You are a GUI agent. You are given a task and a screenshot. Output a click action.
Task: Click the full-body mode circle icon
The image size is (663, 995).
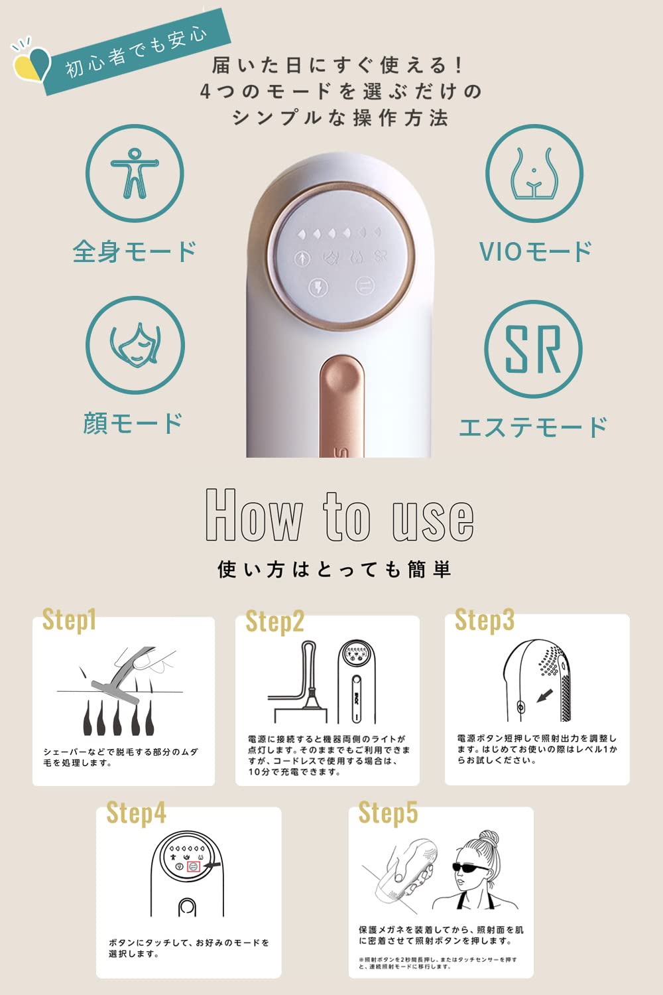[x=135, y=173]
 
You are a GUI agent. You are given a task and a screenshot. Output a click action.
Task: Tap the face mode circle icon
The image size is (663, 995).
[x=135, y=346]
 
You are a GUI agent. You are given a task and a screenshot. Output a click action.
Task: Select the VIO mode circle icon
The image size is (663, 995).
[x=534, y=173]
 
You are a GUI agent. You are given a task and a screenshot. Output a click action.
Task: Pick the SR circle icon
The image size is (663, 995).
[x=533, y=349]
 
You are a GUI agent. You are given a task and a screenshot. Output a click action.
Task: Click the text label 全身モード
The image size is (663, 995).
[x=135, y=251]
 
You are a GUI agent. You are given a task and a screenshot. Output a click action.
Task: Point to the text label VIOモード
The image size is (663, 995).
[x=534, y=251]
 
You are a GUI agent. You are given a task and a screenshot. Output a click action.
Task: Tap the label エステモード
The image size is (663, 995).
[x=533, y=427]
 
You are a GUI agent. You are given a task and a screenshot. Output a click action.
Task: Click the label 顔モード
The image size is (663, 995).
[x=133, y=423]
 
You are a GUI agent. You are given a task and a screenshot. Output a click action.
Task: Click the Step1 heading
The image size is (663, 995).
[x=69, y=620]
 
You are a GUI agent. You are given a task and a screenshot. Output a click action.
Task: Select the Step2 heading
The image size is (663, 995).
[x=274, y=622]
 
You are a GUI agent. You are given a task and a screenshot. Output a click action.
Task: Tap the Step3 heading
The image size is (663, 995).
[x=484, y=620]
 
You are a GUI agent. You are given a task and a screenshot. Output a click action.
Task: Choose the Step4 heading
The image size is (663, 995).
[x=136, y=813]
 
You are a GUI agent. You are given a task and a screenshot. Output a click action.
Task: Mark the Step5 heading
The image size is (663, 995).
[x=388, y=813]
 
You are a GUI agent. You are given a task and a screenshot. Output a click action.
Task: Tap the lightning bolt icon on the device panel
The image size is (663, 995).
[x=320, y=287]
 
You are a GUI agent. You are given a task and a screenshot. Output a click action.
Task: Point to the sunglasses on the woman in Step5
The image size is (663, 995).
[x=472, y=866]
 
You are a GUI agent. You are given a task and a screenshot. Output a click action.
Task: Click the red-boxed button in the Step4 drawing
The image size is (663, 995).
[x=194, y=866]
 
